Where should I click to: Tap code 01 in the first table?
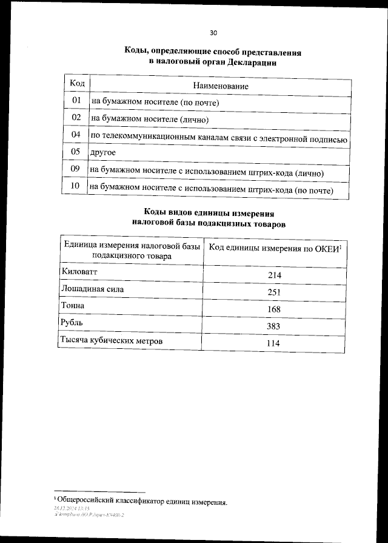[76, 100]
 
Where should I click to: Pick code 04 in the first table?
[76, 134]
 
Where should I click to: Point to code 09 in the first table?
[76, 170]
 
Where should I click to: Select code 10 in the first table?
[76, 187]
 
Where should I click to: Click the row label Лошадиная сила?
[92, 289]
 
